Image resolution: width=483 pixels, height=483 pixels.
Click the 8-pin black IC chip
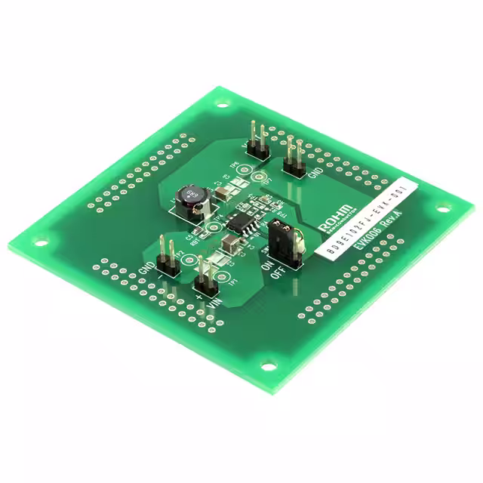[x=241, y=224]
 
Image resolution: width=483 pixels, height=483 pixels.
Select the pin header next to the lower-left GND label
[x=166, y=257]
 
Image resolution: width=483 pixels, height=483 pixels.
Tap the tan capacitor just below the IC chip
[x=229, y=243]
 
